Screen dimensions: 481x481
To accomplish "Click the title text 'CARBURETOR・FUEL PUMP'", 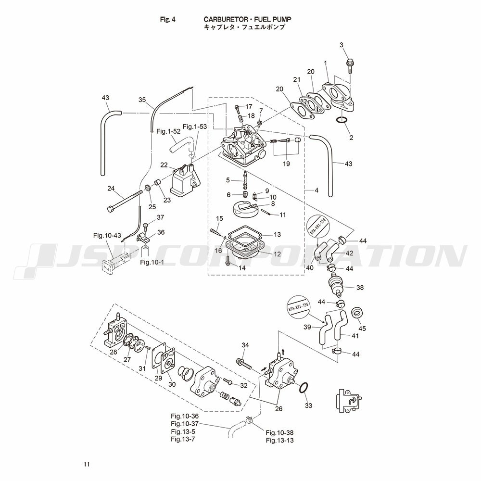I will click(x=247, y=20).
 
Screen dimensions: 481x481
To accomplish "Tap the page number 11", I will click(x=86, y=464).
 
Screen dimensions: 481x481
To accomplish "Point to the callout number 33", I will click(x=308, y=405).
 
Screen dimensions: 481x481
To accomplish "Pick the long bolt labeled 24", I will click(x=126, y=201).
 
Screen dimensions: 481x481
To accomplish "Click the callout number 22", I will click(x=164, y=165).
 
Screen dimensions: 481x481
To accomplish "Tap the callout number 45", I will click(x=362, y=329).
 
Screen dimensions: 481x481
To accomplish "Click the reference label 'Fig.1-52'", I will click(x=168, y=131).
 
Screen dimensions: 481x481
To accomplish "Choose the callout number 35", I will click(x=142, y=100).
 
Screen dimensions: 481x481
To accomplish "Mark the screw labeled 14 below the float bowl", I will click(x=228, y=260).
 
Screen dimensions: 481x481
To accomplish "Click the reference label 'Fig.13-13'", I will click(x=279, y=440).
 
